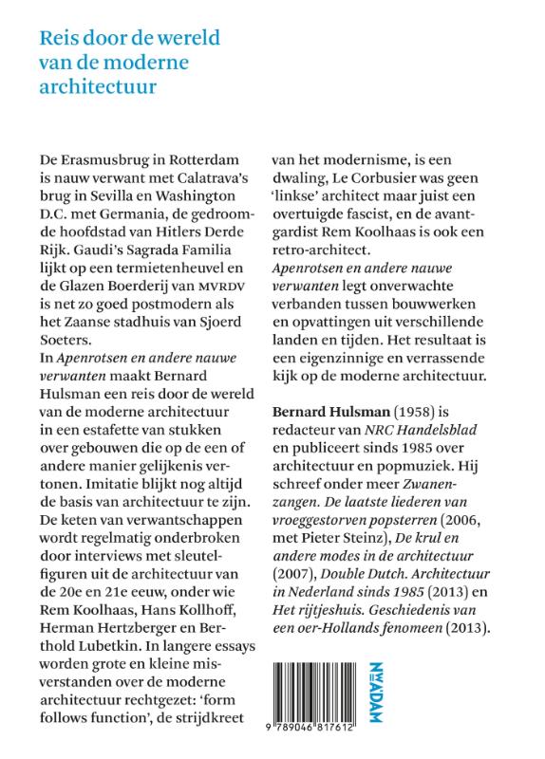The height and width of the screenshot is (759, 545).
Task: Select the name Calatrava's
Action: pyautogui.click(x=208, y=175)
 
